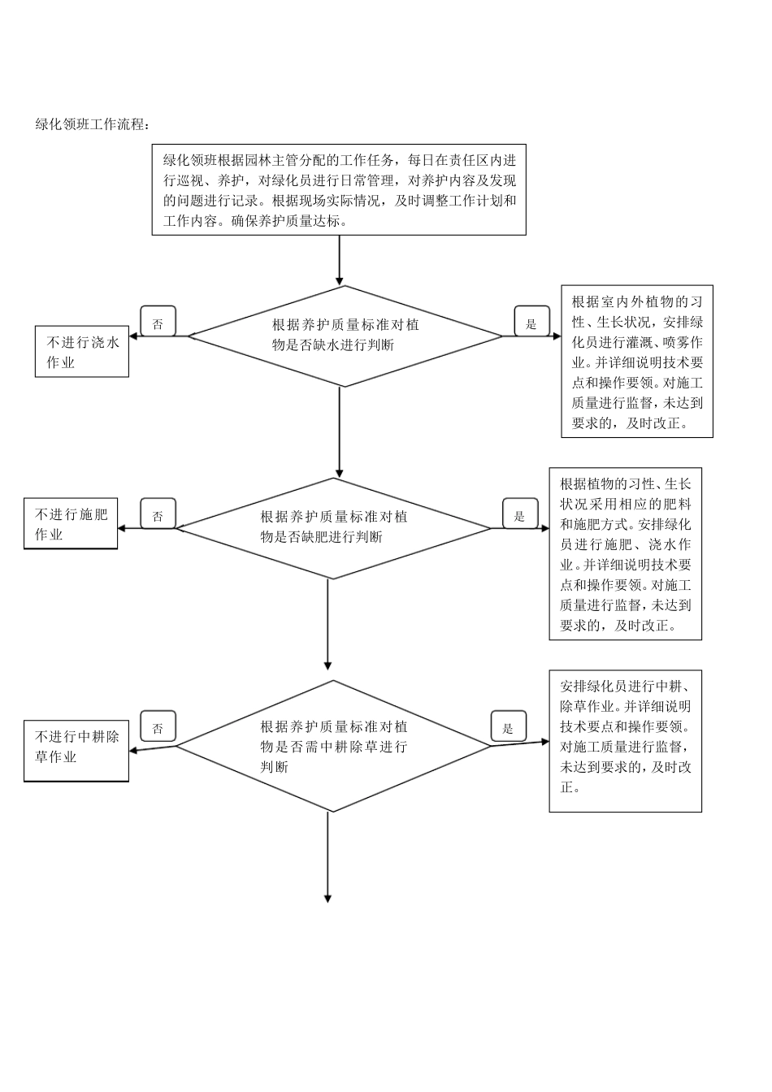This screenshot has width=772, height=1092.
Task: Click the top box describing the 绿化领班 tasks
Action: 339,190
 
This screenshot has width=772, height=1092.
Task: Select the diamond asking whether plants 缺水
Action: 345,336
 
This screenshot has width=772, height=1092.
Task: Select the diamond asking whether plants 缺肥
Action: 333,527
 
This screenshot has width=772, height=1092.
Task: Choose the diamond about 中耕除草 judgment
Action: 333,746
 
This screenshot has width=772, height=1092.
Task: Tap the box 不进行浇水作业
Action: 81,352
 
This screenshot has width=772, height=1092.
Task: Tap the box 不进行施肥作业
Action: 71,524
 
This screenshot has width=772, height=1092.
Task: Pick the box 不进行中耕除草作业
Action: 76,750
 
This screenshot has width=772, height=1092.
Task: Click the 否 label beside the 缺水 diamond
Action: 158,323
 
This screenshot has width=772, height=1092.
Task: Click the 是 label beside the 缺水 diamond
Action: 531,323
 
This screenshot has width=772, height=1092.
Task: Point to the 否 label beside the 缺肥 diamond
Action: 158,514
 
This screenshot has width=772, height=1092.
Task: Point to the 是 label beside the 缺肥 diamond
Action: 520,514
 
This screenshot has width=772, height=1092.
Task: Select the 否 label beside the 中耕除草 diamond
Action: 158,727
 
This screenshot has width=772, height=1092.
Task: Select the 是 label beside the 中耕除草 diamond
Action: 509,727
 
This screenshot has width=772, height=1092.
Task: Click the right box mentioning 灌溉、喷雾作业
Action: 636,362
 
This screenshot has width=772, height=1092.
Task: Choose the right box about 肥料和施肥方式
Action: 625,553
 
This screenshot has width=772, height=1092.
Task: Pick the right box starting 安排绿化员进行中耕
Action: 625,740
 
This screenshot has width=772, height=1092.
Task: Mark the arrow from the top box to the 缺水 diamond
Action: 340,260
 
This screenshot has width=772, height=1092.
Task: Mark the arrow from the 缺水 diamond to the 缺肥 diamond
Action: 340,431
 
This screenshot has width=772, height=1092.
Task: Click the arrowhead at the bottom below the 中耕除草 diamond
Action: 328,898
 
